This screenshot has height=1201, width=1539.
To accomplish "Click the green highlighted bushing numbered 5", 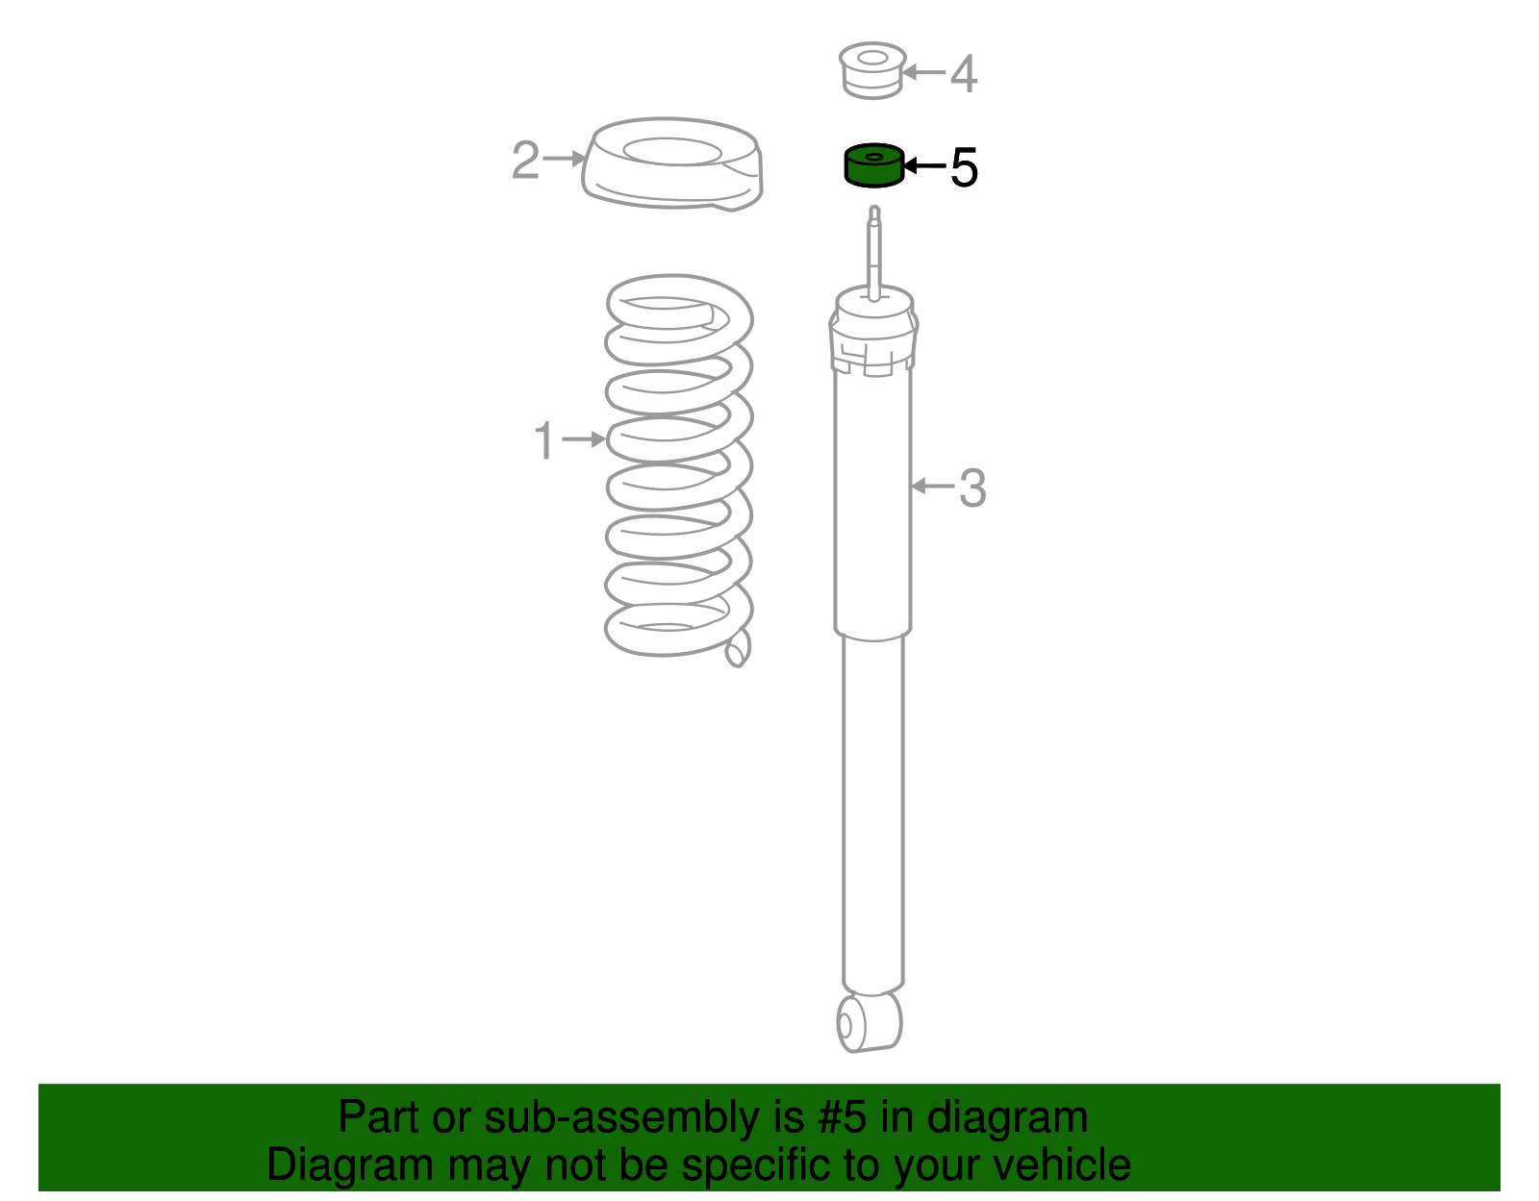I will (x=873, y=164).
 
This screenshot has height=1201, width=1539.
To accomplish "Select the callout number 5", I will (x=964, y=167).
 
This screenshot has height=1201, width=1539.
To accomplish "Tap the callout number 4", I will (x=964, y=74).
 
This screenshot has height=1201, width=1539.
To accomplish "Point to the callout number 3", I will (x=972, y=488).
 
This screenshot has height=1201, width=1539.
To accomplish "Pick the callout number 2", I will (x=525, y=161).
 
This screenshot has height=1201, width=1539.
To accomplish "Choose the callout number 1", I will (x=544, y=441).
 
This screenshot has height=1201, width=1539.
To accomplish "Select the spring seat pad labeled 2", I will (x=672, y=164).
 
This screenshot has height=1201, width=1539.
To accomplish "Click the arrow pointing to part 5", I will (x=924, y=166).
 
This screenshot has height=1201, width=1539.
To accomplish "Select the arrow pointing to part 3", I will (x=932, y=487).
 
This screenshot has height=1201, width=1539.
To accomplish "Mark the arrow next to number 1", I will (x=584, y=439).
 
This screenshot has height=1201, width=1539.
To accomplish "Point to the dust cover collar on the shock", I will (x=872, y=337).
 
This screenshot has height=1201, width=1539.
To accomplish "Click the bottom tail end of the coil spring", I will (x=737, y=651).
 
